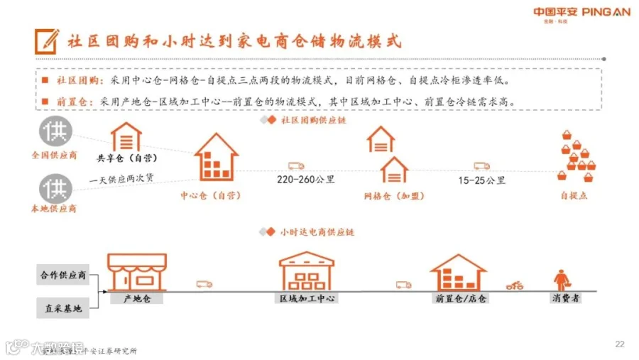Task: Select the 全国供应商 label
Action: coord(54,154)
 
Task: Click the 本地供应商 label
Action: coord(54,209)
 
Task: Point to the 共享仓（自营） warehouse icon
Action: coord(126,136)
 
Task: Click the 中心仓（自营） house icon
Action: coord(216,157)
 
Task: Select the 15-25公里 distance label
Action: coord(482,180)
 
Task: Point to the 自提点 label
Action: coord(574,195)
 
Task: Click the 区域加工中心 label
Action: coord(307,298)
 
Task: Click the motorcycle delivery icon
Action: coord(515,285)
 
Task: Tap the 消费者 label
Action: coord(566,298)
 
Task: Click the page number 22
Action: coord(619,344)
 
